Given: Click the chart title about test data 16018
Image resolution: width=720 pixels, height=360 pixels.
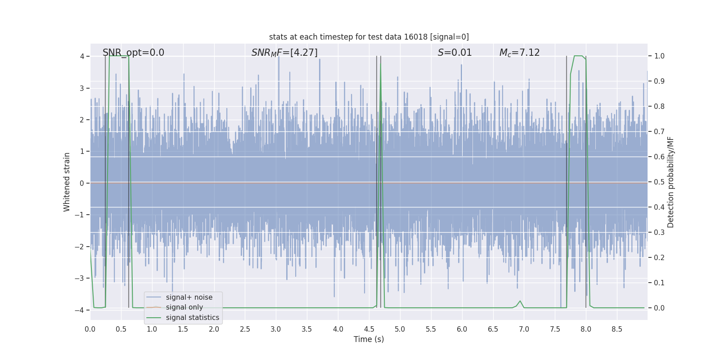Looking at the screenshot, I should [369, 37].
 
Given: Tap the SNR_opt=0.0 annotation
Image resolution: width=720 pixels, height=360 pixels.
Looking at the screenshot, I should [133, 53].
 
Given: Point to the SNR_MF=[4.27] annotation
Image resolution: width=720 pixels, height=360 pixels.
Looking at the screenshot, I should [284, 53].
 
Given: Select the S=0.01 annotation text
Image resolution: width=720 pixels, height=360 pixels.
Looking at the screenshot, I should [454, 53].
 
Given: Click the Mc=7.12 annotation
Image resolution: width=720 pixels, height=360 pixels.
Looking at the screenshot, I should [519, 53].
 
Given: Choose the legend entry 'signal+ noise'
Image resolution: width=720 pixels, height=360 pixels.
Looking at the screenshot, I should [189, 297].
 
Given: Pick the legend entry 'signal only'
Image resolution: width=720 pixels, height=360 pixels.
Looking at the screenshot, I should [184, 307].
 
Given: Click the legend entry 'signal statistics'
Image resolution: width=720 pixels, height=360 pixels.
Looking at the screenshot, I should [192, 318].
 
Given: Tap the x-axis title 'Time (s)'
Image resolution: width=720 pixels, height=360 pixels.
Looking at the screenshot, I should [369, 339].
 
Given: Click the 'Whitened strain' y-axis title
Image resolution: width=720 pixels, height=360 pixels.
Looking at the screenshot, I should [67, 182].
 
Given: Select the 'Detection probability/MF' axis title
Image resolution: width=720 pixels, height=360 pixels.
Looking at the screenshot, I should [670, 182].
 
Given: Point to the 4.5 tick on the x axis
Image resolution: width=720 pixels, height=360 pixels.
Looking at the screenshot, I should [369, 329].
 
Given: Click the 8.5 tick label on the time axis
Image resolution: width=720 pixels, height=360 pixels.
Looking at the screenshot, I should [616, 329].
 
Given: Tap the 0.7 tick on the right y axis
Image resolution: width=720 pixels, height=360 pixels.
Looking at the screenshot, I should [659, 132].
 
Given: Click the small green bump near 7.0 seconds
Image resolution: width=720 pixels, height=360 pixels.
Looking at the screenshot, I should [520, 301].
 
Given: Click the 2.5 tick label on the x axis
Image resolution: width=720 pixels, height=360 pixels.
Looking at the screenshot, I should [245, 329].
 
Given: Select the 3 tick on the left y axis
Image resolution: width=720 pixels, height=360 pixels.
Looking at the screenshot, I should [82, 88].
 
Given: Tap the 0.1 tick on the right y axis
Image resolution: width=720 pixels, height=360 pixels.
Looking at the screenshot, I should [659, 283].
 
